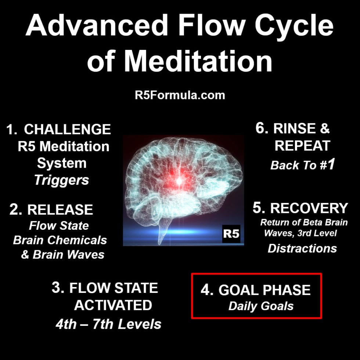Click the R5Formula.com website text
[180, 95]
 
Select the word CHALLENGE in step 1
[67, 129]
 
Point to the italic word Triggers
[61, 180]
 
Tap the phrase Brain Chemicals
[60, 240]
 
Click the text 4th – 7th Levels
[108, 324]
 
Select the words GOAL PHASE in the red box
[264, 290]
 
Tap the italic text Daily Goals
[261, 306]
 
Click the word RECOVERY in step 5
[309, 208]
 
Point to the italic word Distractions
[302, 248]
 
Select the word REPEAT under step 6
[302, 146]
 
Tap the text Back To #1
[302, 165]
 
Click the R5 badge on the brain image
[231, 233]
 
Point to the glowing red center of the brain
[179, 179]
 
